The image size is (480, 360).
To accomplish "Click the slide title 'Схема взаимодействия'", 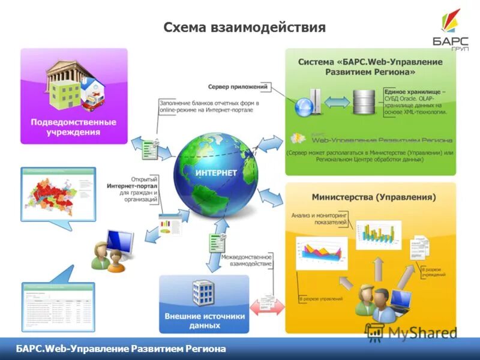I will pyautogui.click(x=245, y=28).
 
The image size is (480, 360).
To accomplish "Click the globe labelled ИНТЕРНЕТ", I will pyautogui.click(x=216, y=174).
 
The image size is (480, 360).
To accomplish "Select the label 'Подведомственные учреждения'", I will pyautogui.click(x=74, y=127).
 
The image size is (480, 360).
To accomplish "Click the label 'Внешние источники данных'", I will pyautogui.click(x=204, y=321).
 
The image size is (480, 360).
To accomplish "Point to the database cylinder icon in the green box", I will pyautogui.click(x=362, y=102).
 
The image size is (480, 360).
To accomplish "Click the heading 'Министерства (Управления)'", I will pyautogui.click(x=374, y=197).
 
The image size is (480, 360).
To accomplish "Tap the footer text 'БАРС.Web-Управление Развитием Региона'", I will pyautogui.click(x=121, y=349).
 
